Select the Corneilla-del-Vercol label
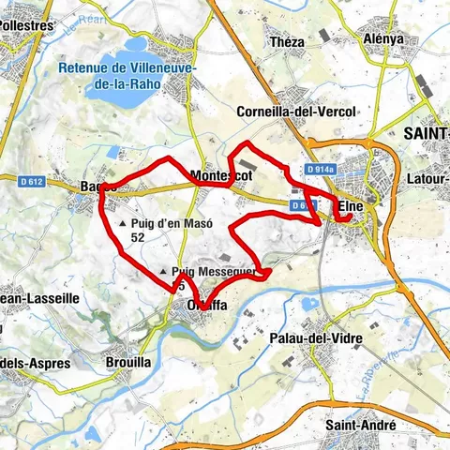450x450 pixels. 297,112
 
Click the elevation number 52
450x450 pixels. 138,238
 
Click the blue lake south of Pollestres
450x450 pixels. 137,44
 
